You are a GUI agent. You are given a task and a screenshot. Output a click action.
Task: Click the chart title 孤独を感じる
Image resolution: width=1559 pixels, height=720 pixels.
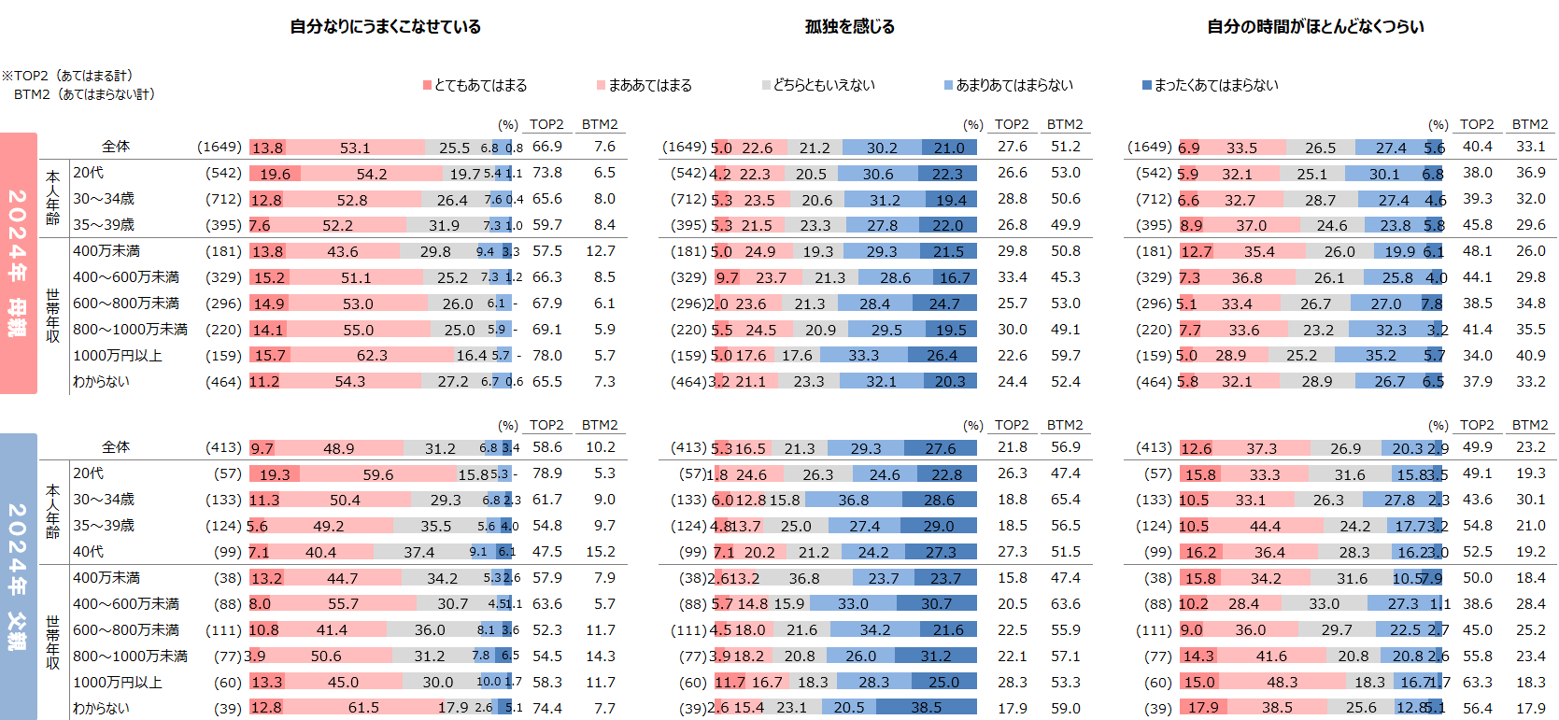(x=849, y=27)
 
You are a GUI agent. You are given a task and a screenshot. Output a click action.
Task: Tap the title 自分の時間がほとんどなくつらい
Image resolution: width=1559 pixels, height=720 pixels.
(x=1315, y=27)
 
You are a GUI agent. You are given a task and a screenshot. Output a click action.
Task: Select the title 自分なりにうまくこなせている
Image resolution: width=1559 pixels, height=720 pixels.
(x=385, y=27)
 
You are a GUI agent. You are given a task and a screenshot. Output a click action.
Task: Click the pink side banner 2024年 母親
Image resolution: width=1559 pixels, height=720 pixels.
(x=19, y=262)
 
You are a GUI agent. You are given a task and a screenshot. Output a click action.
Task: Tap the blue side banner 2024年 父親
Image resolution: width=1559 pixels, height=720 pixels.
(x=19, y=576)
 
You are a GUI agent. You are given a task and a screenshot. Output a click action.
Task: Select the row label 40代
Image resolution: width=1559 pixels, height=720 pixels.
(x=89, y=552)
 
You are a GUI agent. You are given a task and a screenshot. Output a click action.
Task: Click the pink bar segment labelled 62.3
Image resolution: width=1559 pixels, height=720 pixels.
(x=371, y=356)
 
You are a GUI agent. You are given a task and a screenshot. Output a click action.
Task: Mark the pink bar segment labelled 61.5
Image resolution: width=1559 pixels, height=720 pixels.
(x=362, y=708)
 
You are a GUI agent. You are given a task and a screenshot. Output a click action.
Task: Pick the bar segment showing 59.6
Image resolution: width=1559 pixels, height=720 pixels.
(x=377, y=474)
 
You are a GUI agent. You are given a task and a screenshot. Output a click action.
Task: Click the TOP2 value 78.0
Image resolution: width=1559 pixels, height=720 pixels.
(x=547, y=356)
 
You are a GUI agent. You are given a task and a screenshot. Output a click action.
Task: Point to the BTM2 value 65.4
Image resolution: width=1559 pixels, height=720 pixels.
(x=1065, y=500)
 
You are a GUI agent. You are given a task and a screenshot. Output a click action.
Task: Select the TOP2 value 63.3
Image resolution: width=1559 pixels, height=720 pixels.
(x=1477, y=683)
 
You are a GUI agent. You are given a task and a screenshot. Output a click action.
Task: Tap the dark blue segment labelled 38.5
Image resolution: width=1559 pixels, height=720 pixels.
(x=926, y=708)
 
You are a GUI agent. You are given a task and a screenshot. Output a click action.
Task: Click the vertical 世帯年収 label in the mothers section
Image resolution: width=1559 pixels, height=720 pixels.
(x=53, y=316)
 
